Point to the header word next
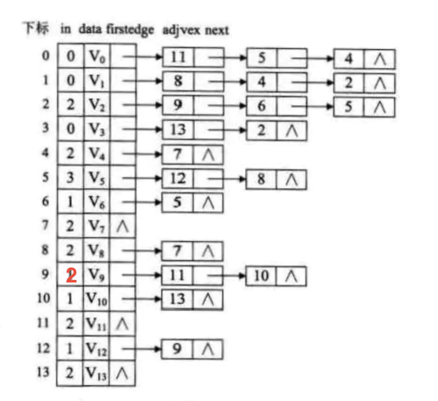coord(216,29)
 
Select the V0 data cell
coord(96,57)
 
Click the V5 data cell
coord(96,178)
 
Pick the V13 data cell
coord(96,373)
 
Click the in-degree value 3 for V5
coord(70,178)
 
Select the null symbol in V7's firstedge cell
coord(122,227)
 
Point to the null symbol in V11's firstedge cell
coord(122,324)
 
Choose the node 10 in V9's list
coord(262,276)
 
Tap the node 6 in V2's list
coord(262,106)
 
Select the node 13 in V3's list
coord(178,130)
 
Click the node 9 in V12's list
coord(178,349)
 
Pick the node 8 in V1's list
coord(178,81)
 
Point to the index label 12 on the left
coord(43,349)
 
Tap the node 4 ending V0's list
coord(349,58)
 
